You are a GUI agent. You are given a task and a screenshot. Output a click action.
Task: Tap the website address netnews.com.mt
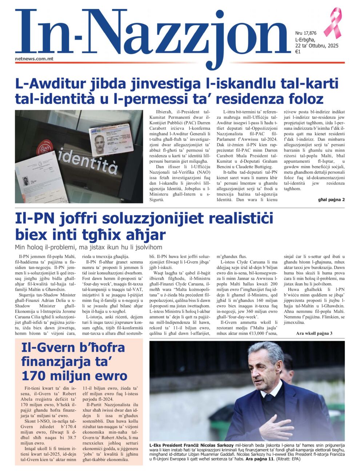coord(35,59)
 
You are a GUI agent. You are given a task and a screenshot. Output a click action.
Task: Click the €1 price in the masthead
coord(297,52)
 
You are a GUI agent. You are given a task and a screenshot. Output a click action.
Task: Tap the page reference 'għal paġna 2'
coord(331,199)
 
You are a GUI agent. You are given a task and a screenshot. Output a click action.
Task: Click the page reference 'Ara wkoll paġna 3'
coord(314,333)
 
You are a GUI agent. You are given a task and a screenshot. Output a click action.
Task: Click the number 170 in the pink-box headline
coord(35,375)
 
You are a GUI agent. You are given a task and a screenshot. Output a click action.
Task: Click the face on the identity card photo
coord(100,140)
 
